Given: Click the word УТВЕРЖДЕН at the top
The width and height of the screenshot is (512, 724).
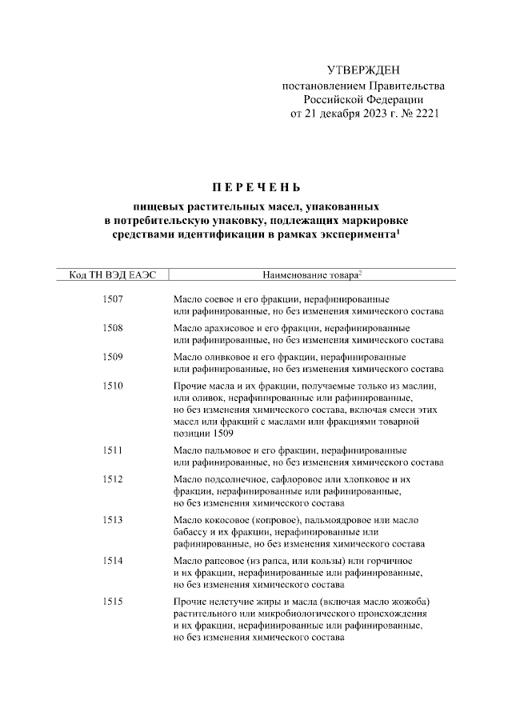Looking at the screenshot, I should coord(364,72).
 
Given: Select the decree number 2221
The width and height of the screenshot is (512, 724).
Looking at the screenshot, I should coord(425,114).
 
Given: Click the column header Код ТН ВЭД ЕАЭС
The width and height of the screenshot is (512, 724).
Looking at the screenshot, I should coord(114,274).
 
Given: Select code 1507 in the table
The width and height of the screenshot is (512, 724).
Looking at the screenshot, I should coord(114,299).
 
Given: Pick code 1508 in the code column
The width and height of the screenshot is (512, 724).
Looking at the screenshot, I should coord(114,328).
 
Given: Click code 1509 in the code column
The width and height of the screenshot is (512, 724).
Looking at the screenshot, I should coord(114,357).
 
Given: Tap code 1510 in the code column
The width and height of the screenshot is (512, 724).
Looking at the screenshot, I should coord(114,386).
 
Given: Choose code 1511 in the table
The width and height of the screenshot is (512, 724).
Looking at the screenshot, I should coord(114,450).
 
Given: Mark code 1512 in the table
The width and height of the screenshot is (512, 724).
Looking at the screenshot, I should coord(114,479).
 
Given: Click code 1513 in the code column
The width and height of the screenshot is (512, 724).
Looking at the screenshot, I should coord(114,520).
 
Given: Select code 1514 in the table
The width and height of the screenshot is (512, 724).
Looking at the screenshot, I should coord(114,561).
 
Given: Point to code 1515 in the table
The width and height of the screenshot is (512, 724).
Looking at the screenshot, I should coord(114,602).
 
